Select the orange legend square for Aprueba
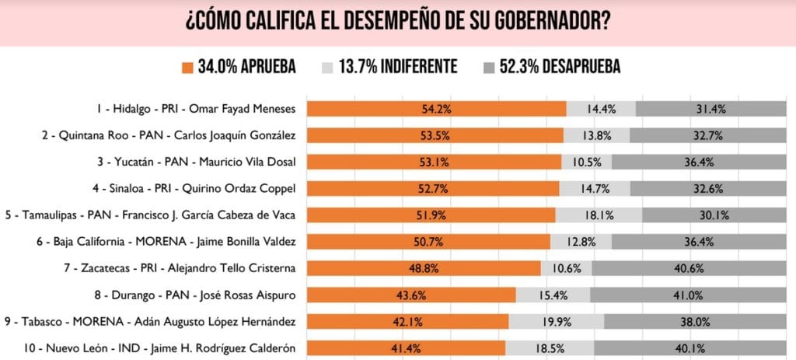coord(187,68)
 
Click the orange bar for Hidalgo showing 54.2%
coord(436,109)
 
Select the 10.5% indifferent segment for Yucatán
coord(587,162)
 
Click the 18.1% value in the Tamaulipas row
coord(599,215)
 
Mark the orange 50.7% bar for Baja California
coord(428,241)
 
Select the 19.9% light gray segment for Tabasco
coord(556,321)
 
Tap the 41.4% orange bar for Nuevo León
coord(406,348)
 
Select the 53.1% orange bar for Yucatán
coord(434,162)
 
